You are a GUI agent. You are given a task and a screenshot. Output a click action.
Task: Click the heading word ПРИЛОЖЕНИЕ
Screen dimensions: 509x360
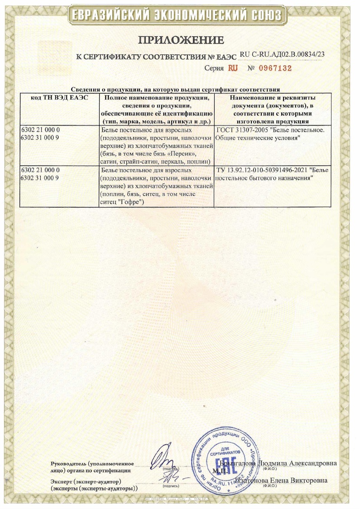[x=181, y=40]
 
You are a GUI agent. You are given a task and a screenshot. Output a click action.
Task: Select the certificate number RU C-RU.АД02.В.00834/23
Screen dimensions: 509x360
[x=282, y=54]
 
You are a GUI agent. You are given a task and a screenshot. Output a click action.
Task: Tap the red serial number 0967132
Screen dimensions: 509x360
[x=269, y=68]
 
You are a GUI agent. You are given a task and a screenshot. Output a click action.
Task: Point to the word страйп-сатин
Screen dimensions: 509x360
[x=140, y=162]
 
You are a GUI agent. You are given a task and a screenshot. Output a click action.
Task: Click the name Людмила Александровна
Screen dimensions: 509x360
[x=297, y=463]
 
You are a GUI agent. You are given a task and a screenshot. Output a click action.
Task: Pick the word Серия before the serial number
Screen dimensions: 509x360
[x=214, y=68]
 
